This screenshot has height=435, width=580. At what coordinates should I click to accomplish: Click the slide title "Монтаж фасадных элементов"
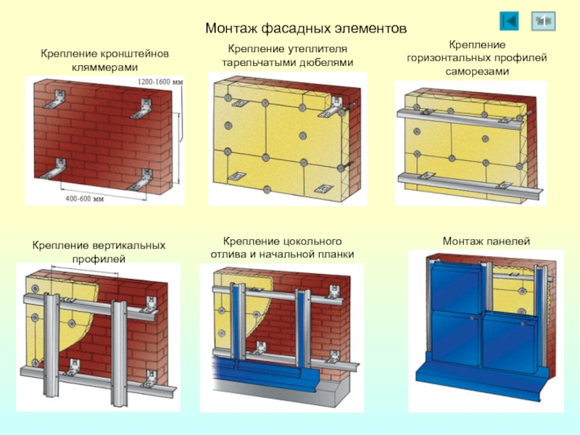[x=306, y=28]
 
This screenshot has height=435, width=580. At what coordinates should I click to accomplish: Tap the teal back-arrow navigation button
[x=509, y=21]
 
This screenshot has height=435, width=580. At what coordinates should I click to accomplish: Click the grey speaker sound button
[x=543, y=21]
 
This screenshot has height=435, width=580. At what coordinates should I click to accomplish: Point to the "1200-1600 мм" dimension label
[x=160, y=82]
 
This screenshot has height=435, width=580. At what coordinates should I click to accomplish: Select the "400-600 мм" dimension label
[x=85, y=199]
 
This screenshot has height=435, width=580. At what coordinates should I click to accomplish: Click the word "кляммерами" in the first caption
[x=104, y=67]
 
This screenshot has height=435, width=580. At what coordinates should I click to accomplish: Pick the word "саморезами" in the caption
[x=477, y=71]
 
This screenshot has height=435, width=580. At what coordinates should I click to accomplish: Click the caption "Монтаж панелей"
[x=486, y=241]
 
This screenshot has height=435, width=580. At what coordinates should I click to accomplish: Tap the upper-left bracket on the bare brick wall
[x=56, y=99]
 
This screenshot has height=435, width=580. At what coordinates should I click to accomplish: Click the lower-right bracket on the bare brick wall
[x=141, y=180]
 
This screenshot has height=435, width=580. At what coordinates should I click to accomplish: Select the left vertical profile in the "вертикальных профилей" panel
[x=51, y=344]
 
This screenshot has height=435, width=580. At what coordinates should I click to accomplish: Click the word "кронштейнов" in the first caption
[x=134, y=54]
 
